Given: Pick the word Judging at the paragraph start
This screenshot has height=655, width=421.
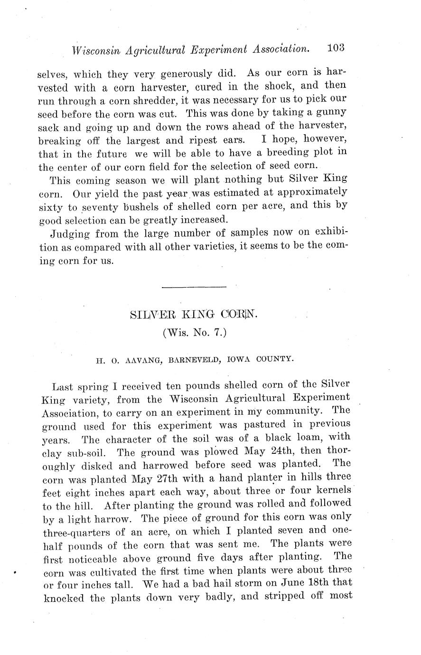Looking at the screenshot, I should [69, 234].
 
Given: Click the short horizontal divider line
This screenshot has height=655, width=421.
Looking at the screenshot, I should [194, 287].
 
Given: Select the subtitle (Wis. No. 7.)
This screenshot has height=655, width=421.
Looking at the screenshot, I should [195, 333].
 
